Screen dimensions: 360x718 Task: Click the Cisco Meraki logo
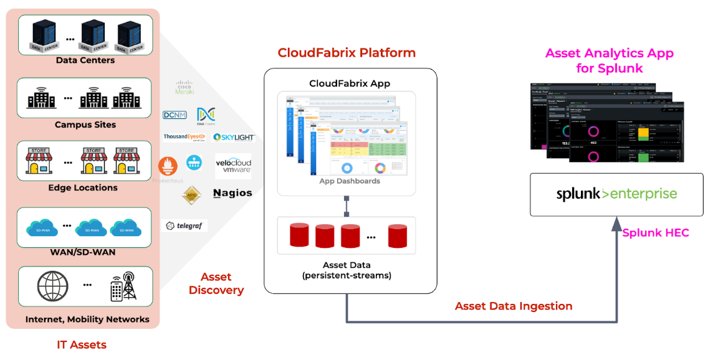184,87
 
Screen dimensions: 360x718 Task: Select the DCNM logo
175,115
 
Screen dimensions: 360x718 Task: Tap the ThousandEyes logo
184,137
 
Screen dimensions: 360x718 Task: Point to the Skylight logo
234,137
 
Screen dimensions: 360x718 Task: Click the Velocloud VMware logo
233,166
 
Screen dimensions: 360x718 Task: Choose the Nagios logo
232,193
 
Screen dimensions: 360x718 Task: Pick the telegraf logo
184,225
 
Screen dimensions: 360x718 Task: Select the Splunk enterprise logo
616,194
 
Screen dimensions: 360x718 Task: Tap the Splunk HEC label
655,233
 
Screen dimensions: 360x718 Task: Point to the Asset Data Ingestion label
514,306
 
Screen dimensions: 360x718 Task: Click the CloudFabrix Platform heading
347,52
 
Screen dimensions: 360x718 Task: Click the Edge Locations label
83,187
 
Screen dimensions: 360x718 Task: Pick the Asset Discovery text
216,283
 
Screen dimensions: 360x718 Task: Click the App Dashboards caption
349,181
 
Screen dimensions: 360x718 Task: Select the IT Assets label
82,344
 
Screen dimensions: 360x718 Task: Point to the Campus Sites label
85,125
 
